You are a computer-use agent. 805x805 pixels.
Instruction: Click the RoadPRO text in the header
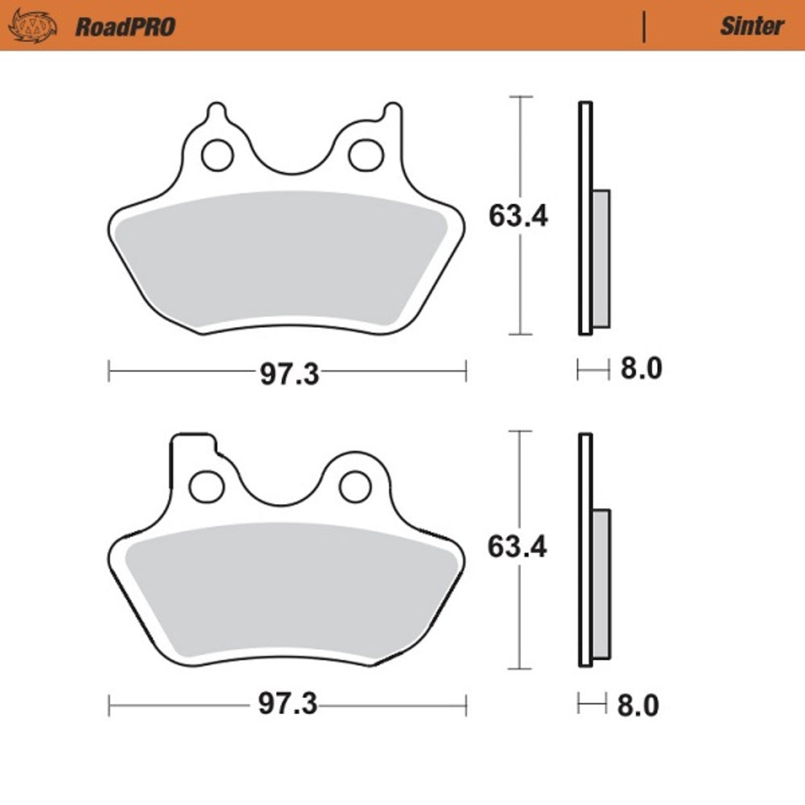(125, 26)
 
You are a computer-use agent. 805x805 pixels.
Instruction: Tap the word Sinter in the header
(751, 26)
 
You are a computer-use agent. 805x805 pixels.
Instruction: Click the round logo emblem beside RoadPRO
(32, 26)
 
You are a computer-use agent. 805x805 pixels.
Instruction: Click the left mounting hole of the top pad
(217, 155)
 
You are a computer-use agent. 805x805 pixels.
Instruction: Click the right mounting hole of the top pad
(366, 155)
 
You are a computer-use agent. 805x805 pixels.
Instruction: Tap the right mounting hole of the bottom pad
(355, 485)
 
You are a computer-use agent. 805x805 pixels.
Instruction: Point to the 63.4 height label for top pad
(518, 216)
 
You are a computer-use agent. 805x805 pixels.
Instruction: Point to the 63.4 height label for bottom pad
(518, 547)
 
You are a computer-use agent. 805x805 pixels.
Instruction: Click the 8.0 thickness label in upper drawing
(640, 369)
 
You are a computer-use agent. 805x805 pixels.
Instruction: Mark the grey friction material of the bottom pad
(286, 592)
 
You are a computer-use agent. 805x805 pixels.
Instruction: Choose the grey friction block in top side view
(601, 258)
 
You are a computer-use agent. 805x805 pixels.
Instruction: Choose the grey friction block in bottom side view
(601, 584)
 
